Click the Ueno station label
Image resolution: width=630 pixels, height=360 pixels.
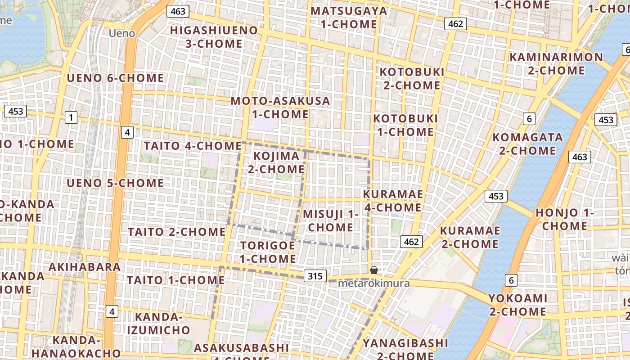(x=122, y=33)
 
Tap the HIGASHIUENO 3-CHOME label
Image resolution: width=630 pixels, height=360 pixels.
(x=214, y=37)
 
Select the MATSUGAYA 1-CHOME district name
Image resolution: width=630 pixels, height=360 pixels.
(x=349, y=17)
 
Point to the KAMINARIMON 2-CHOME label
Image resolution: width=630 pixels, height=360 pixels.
(x=556, y=64)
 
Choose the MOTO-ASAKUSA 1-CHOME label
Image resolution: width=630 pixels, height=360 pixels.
(x=280, y=108)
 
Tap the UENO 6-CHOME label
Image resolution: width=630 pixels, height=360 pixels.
(x=115, y=78)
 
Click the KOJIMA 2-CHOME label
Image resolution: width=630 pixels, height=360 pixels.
(x=276, y=162)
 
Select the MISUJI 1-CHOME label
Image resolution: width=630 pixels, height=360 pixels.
(x=331, y=220)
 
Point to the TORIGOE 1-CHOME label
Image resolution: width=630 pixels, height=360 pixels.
(x=268, y=252)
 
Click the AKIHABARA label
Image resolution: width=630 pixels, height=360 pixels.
(x=85, y=267)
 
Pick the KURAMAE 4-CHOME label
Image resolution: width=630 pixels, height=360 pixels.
(x=393, y=201)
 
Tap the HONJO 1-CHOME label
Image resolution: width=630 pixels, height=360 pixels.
(x=565, y=219)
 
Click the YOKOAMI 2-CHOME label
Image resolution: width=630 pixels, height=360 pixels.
(x=518, y=305)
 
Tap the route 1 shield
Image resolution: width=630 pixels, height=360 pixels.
(x=71, y=117)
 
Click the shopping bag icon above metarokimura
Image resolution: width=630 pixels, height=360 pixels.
(x=373, y=270)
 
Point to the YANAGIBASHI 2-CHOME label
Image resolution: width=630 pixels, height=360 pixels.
(x=405, y=348)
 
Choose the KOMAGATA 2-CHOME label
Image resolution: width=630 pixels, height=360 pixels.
(x=527, y=144)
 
